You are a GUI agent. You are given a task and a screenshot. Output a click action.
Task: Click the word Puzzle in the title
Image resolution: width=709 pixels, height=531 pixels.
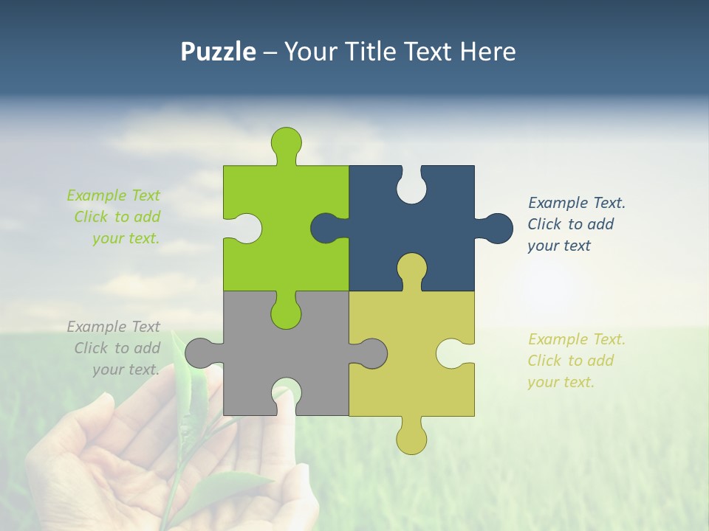point(218,52)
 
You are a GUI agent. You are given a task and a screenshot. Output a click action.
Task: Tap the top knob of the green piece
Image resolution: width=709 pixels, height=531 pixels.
point(287,142)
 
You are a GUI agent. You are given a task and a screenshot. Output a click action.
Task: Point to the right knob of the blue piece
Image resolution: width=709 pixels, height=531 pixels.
point(497,228)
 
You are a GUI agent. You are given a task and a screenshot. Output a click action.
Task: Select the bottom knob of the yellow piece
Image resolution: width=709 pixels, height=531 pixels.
point(411,439)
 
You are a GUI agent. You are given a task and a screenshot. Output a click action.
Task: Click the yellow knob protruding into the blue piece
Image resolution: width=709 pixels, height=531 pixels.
point(411,268)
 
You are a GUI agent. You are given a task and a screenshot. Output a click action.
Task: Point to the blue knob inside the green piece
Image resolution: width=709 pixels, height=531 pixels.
point(325,228)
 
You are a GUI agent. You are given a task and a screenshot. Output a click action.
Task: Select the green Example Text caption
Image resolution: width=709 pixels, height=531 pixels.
point(114,217)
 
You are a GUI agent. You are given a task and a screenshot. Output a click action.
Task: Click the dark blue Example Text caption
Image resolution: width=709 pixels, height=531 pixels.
point(576,224)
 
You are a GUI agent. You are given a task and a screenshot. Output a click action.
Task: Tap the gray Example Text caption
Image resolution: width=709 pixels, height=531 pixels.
point(114,348)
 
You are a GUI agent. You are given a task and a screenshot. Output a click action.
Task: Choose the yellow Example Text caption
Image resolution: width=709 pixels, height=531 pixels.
point(576,361)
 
